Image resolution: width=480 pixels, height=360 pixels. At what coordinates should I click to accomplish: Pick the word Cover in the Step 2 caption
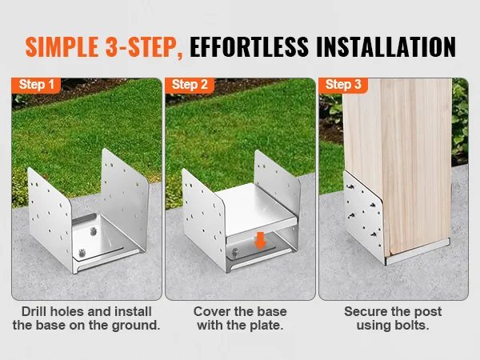[x=210, y=311]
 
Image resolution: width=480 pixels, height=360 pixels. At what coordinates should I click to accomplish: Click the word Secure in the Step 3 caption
[x=365, y=311]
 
